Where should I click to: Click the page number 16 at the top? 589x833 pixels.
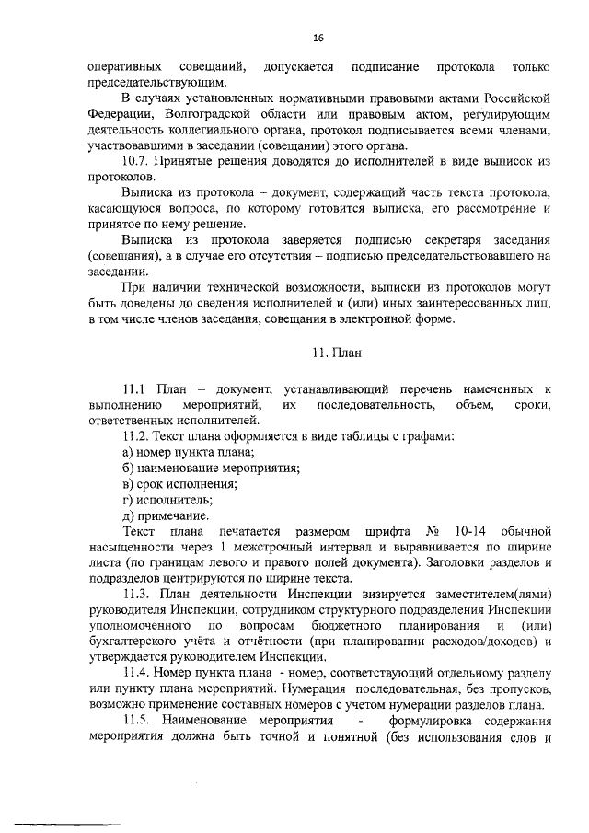318,38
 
